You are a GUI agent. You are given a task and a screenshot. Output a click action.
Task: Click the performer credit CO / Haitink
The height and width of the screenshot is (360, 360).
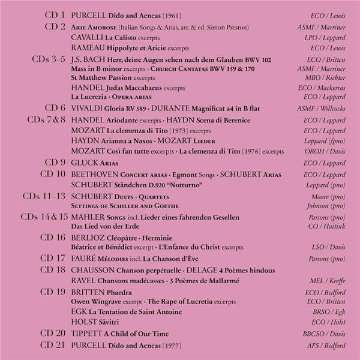coord(328,226)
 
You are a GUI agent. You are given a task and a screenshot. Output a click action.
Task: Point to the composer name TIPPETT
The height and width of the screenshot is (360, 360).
coord(88,334)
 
